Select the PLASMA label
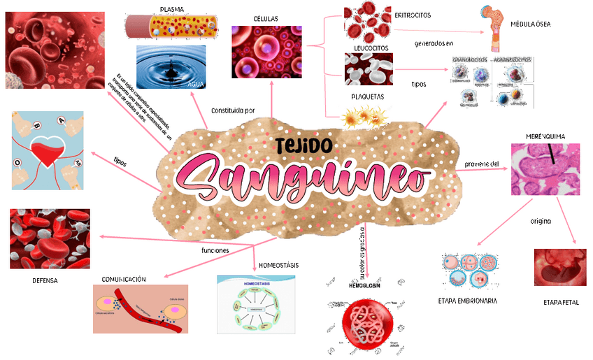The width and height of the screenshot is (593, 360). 172,9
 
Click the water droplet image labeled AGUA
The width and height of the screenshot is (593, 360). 171,67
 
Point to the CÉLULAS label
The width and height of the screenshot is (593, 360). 266,18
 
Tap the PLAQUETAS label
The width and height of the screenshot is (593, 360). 367,97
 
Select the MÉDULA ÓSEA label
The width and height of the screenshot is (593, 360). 531,24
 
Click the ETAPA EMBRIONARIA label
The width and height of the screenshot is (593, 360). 468,301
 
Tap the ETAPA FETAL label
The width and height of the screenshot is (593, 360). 561,303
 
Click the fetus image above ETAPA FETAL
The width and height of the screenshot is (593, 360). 559,267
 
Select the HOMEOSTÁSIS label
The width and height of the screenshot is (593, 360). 278,266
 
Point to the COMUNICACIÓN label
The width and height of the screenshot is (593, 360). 124,279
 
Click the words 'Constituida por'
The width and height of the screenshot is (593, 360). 233,110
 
